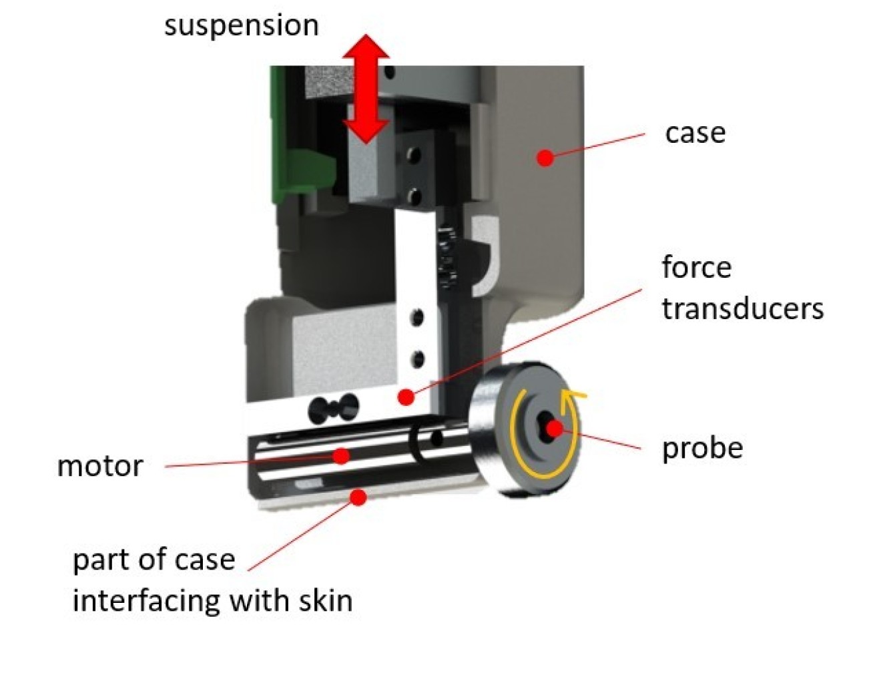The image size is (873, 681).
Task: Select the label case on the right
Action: click(x=695, y=133)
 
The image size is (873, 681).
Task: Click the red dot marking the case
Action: click(x=545, y=158)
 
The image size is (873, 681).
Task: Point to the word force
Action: click(x=697, y=268)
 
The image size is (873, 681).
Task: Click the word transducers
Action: click(x=742, y=309)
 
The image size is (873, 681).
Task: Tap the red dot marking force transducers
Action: click(x=405, y=397)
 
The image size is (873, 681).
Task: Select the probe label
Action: click(x=702, y=448)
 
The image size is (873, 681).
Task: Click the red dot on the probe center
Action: click(x=555, y=428)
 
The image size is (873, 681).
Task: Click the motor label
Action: click(x=100, y=466)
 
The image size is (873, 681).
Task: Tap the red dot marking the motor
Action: click(x=341, y=456)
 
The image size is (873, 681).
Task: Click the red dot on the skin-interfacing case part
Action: click(x=358, y=497)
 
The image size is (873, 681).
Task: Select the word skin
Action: click(x=325, y=600)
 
